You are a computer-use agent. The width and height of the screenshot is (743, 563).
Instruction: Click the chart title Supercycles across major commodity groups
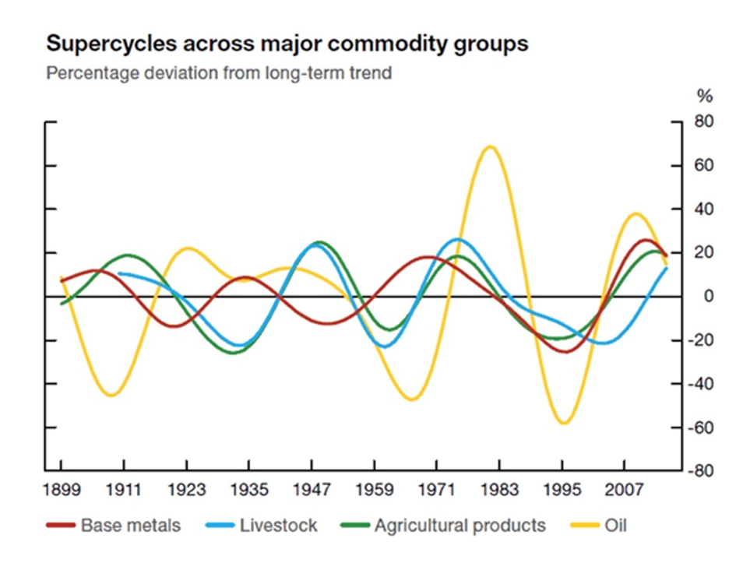[287, 44]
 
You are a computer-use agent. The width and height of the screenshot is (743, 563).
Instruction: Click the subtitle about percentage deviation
[218, 74]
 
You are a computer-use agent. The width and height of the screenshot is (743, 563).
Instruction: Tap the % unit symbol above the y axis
[705, 97]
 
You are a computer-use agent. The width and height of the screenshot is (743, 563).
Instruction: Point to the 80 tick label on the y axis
[704, 122]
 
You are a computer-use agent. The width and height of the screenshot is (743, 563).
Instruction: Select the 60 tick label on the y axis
[704, 166]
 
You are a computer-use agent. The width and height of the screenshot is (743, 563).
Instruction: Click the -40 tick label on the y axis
[701, 384]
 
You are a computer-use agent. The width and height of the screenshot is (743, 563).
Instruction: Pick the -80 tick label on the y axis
[701, 471]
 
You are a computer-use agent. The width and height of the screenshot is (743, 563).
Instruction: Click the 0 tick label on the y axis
[708, 297]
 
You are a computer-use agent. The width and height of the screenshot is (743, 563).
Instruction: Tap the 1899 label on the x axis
[61, 490]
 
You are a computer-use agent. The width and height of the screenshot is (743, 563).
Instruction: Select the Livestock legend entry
[278, 526]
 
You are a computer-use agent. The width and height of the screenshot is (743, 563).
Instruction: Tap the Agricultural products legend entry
[460, 526]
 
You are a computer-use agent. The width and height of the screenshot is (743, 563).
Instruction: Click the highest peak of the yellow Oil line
[489, 146]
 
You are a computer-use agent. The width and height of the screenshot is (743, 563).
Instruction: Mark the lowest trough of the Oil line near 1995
[563, 423]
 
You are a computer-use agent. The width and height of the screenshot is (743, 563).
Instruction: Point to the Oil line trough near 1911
[111, 396]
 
